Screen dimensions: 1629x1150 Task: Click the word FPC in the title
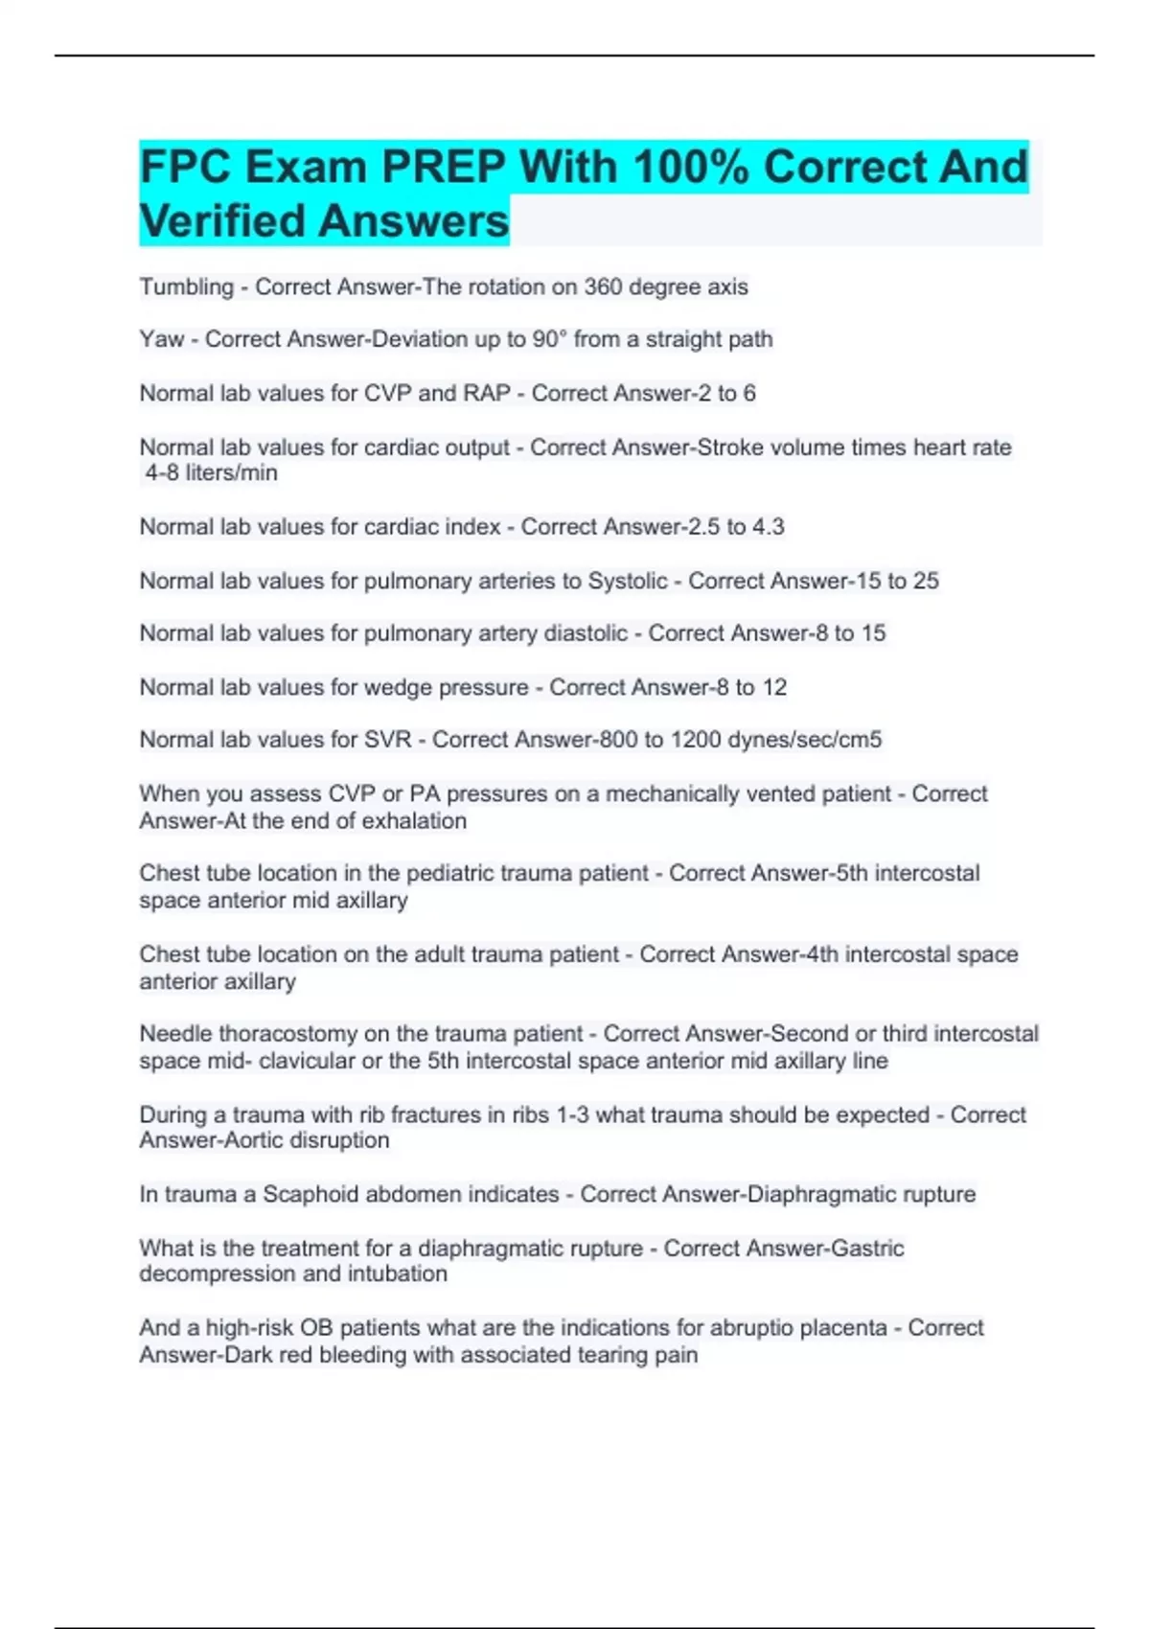185,168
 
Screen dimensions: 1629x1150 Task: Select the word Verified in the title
222,221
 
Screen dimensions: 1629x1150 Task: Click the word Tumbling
187,287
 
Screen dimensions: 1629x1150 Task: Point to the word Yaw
161,339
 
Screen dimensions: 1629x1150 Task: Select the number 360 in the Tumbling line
603,287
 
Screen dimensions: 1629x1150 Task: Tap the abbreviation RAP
487,394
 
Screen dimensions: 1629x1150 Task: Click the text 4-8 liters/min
211,473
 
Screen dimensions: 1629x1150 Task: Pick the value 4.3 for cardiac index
768,527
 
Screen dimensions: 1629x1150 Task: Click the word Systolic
628,582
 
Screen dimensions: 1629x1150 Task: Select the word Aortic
254,1140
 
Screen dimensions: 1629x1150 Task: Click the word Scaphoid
310,1195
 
